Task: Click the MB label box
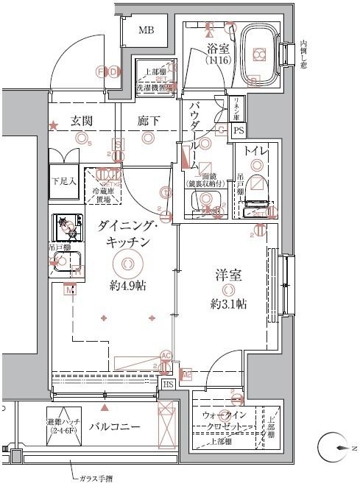[147, 30]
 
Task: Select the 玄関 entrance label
[82, 121]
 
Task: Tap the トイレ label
[258, 152]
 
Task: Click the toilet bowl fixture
[258, 197]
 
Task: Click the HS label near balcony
[168, 384]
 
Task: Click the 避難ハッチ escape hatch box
[63, 426]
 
